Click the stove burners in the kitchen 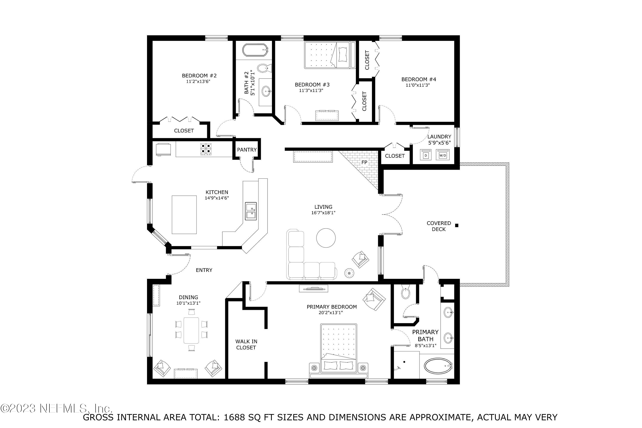tap(206, 149)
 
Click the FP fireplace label tap(364, 162)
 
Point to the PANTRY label tap(247, 150)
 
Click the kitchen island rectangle tap(184, 215)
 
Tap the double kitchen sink tap(251, 211)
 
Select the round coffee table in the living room tap(326, 238)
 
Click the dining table tap(191, 330)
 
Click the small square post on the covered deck tap(457, 226)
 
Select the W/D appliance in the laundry tap(442, 155)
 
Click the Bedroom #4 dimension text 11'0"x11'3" tap(418, 85)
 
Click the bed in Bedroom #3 tap(330, 55)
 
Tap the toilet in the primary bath tap(406, 293)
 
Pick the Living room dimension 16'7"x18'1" tap(323, 213)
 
